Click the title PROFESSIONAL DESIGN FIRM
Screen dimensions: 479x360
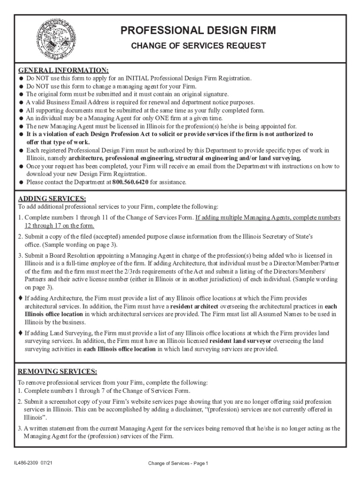198,31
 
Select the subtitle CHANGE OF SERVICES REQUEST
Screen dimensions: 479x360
198,46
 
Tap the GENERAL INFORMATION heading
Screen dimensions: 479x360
63,71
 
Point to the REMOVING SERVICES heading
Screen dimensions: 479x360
57,372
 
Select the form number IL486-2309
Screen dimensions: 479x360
28,463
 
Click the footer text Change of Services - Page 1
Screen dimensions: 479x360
178,463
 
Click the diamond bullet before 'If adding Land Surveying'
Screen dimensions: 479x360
20,333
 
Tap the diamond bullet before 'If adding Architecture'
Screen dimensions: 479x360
20,298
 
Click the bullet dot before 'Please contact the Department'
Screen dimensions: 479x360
21,182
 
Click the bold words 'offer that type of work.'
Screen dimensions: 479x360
58,142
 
